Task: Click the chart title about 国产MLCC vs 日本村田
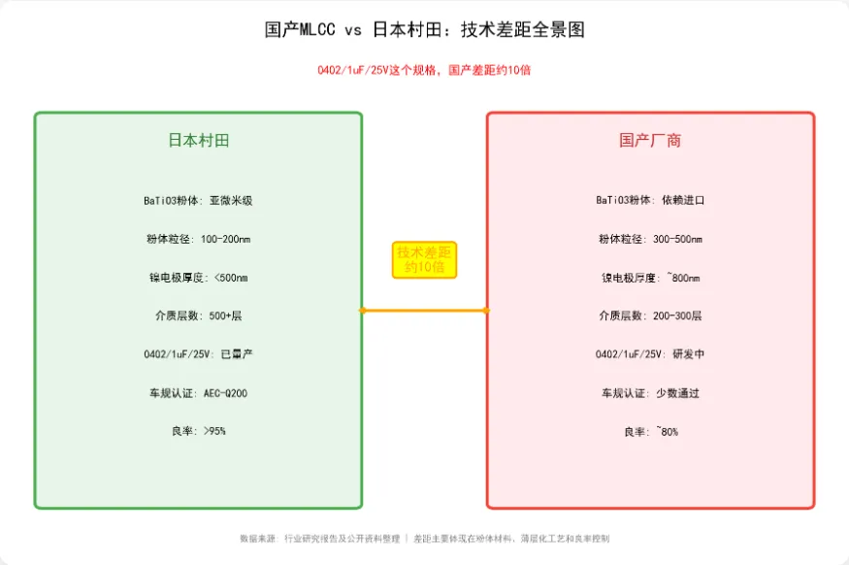[424, 30]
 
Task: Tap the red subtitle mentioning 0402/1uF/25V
[424, 70]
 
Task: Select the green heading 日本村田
[199, 141]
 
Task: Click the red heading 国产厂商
[650, 141]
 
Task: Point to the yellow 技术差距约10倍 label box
[424, 259]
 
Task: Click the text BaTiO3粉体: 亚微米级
[198, 200]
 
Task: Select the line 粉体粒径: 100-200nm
[198, 239]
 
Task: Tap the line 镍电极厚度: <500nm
[198, 278]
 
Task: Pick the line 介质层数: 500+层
[198, 316]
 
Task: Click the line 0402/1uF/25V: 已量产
[198, 354]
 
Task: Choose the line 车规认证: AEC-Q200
[198, 393]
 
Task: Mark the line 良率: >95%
[198, 431]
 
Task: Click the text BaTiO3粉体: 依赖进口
[650, 200]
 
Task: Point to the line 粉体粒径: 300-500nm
[650, 239]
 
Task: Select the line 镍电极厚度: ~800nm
[650, 278]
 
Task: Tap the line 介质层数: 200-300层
[650, 316]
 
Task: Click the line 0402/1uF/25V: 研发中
[650, 354]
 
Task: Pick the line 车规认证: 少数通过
[650, 393]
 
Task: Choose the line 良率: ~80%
[650, 431]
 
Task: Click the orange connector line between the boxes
[424, 311]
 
